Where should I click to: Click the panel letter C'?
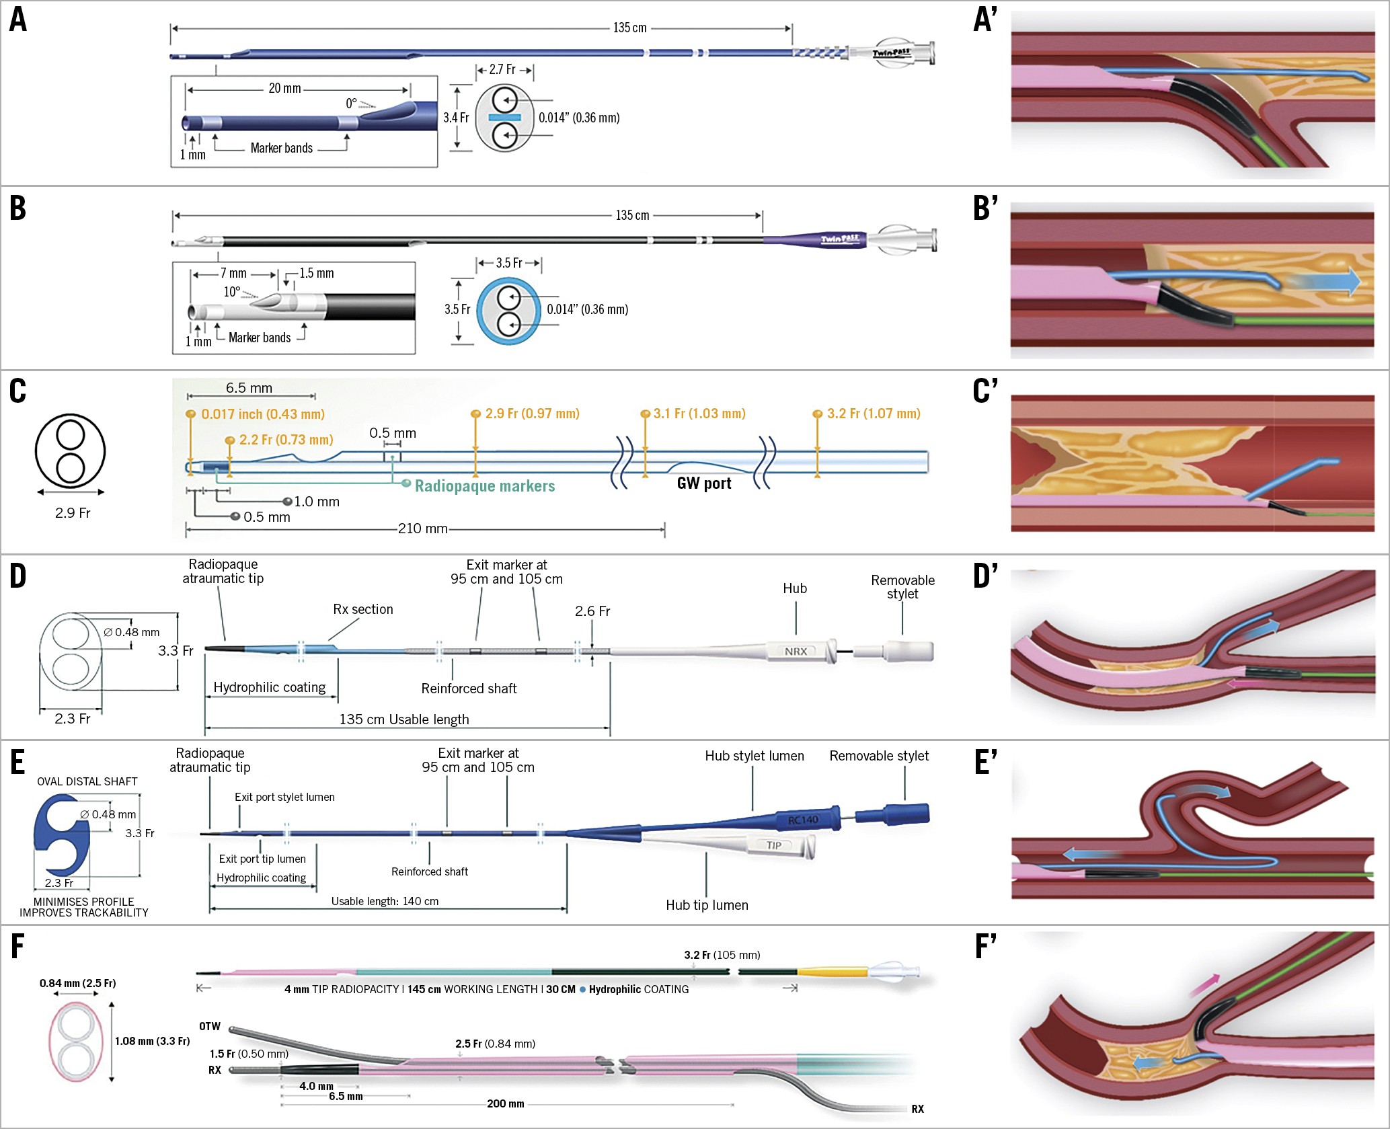pyautogui.click(x=985, y=391)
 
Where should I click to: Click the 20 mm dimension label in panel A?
pyautogui.click(x=284, y=89)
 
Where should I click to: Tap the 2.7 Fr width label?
pyautogui.click(x=502, y=70)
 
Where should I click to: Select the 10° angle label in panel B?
pyautogui.click(x=232, y=292)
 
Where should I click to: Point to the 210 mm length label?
pyautogui.click(x=422, y=529)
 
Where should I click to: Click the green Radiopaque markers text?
pyautogui.click(x=484, y=486)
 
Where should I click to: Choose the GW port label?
pyautogui.click(x=704, y=483)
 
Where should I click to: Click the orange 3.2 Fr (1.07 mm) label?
pyautogui.click(x=873, y=414)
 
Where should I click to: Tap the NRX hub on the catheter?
pyautogui.click(x=796, y=652)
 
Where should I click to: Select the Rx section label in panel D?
pyautogui.click(x=363, y=609)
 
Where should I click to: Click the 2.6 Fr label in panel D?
pyautogui.click(x=592, y=611)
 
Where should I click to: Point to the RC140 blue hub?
pyautogui.click(x=804, y=820)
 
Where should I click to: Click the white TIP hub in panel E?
pyautogui.click(x=775, y=845)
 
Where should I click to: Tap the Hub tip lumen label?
pyautogui.click(x=707, y=905)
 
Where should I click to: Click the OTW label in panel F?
pyautogui.click(x=210, y=1026)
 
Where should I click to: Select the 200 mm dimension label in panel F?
pyautogui.click(x=506, y=1103)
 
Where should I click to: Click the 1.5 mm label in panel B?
pyautogui.click(x=317, y=274)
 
